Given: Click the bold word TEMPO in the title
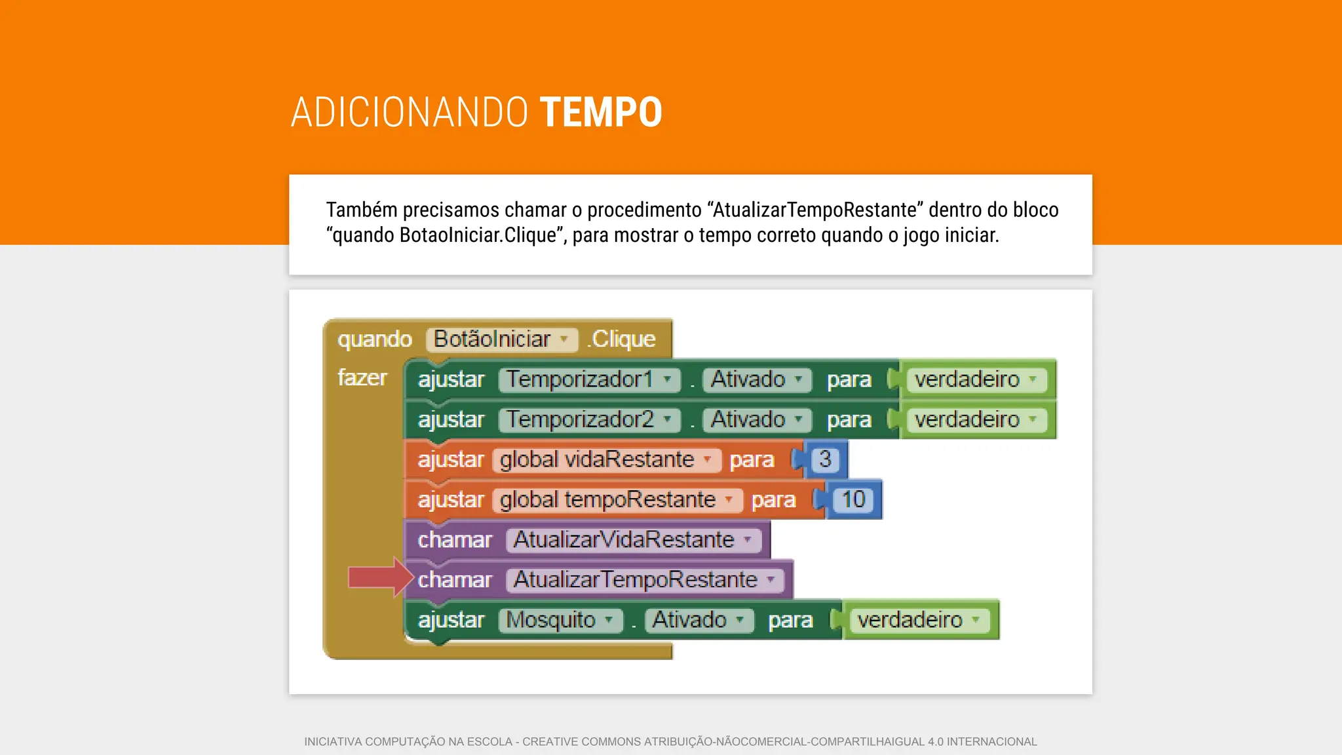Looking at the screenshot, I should click(601, 112).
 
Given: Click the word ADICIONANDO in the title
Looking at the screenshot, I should click(410, 112).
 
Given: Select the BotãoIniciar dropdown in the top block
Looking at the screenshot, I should click(501, 339).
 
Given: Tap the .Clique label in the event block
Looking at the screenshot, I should click(622, 339).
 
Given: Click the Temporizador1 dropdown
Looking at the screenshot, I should click(589, 379).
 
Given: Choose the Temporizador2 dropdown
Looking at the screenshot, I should click(589, 419).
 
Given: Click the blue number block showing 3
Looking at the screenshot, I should click(825, 459).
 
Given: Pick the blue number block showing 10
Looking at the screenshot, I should click(853, 499).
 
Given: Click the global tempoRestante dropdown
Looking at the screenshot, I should click(617, 499).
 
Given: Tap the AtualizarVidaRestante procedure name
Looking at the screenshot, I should click(633, 540).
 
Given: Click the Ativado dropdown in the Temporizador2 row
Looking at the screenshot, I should click(756, 419).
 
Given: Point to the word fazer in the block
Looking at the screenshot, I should click(362, 378).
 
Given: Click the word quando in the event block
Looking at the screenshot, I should click(375, 339).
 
